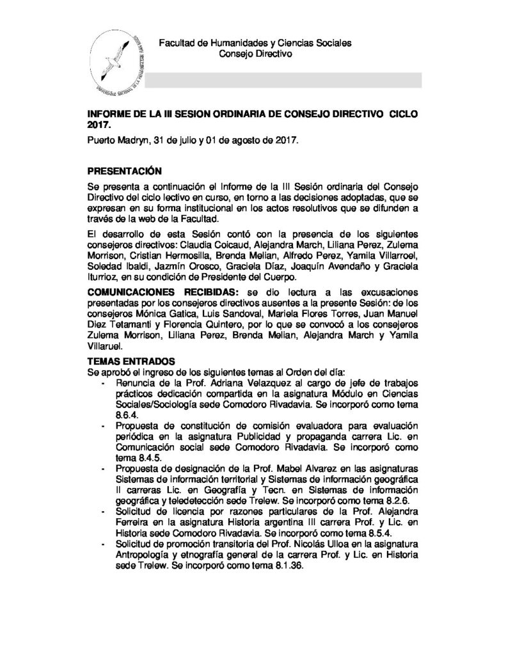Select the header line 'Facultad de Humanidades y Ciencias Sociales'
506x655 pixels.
(x=255, y=43)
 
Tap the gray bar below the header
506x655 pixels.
(x=283, y=80)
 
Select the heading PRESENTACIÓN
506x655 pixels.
(x=125, y=171)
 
